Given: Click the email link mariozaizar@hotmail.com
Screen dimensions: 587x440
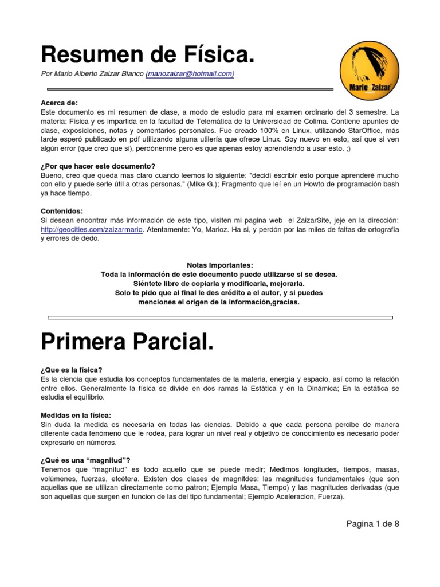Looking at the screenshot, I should point(190,74).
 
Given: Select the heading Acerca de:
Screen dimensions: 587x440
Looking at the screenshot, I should point(56,103).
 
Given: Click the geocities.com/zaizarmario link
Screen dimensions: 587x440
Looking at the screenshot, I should point(91,230).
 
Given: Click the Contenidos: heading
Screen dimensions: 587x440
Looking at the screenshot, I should point(62,211).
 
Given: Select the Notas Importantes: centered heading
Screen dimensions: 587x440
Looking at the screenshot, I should point(219,265).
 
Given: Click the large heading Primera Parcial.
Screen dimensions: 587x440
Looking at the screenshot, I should point(127,343).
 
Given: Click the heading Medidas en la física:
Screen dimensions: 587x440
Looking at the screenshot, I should point(76,415).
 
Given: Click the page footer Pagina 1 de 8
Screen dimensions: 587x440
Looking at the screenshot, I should point(372,523).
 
